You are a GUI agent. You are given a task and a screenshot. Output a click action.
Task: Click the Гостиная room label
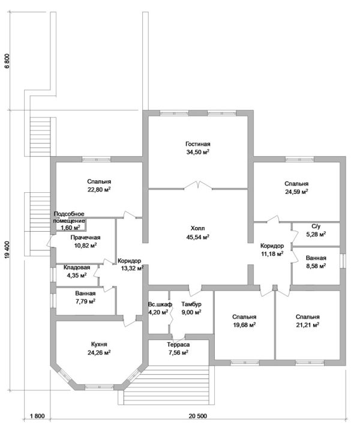point(197,144)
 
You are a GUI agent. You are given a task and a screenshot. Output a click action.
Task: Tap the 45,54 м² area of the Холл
point(197,236)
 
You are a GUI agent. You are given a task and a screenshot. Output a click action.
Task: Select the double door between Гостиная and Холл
point(198,185)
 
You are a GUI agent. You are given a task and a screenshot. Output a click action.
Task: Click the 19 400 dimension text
point(7,250)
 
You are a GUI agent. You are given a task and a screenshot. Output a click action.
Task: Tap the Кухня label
point(99,344)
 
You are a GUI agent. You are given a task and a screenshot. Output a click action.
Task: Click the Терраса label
point(178,345)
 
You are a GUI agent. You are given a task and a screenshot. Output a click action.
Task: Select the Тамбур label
point(191,304)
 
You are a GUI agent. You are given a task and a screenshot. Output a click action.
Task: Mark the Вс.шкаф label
point(160,304)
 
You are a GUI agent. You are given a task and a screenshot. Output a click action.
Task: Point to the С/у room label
point(316,226)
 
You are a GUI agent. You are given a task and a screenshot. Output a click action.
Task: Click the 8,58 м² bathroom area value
point(316,265)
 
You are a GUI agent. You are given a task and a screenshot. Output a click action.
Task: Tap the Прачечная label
point(85,237)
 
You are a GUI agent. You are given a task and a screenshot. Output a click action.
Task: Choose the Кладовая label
point(77,267)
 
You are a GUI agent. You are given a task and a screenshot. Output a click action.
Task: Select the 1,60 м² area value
point(70,228)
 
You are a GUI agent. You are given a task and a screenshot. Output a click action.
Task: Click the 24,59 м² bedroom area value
point(296,192)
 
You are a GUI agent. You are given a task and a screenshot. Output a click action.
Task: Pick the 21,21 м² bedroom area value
point(308,325)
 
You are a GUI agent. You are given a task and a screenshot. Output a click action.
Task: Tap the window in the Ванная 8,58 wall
point(343,261)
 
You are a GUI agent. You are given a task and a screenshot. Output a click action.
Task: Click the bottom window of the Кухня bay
point(99,387)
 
